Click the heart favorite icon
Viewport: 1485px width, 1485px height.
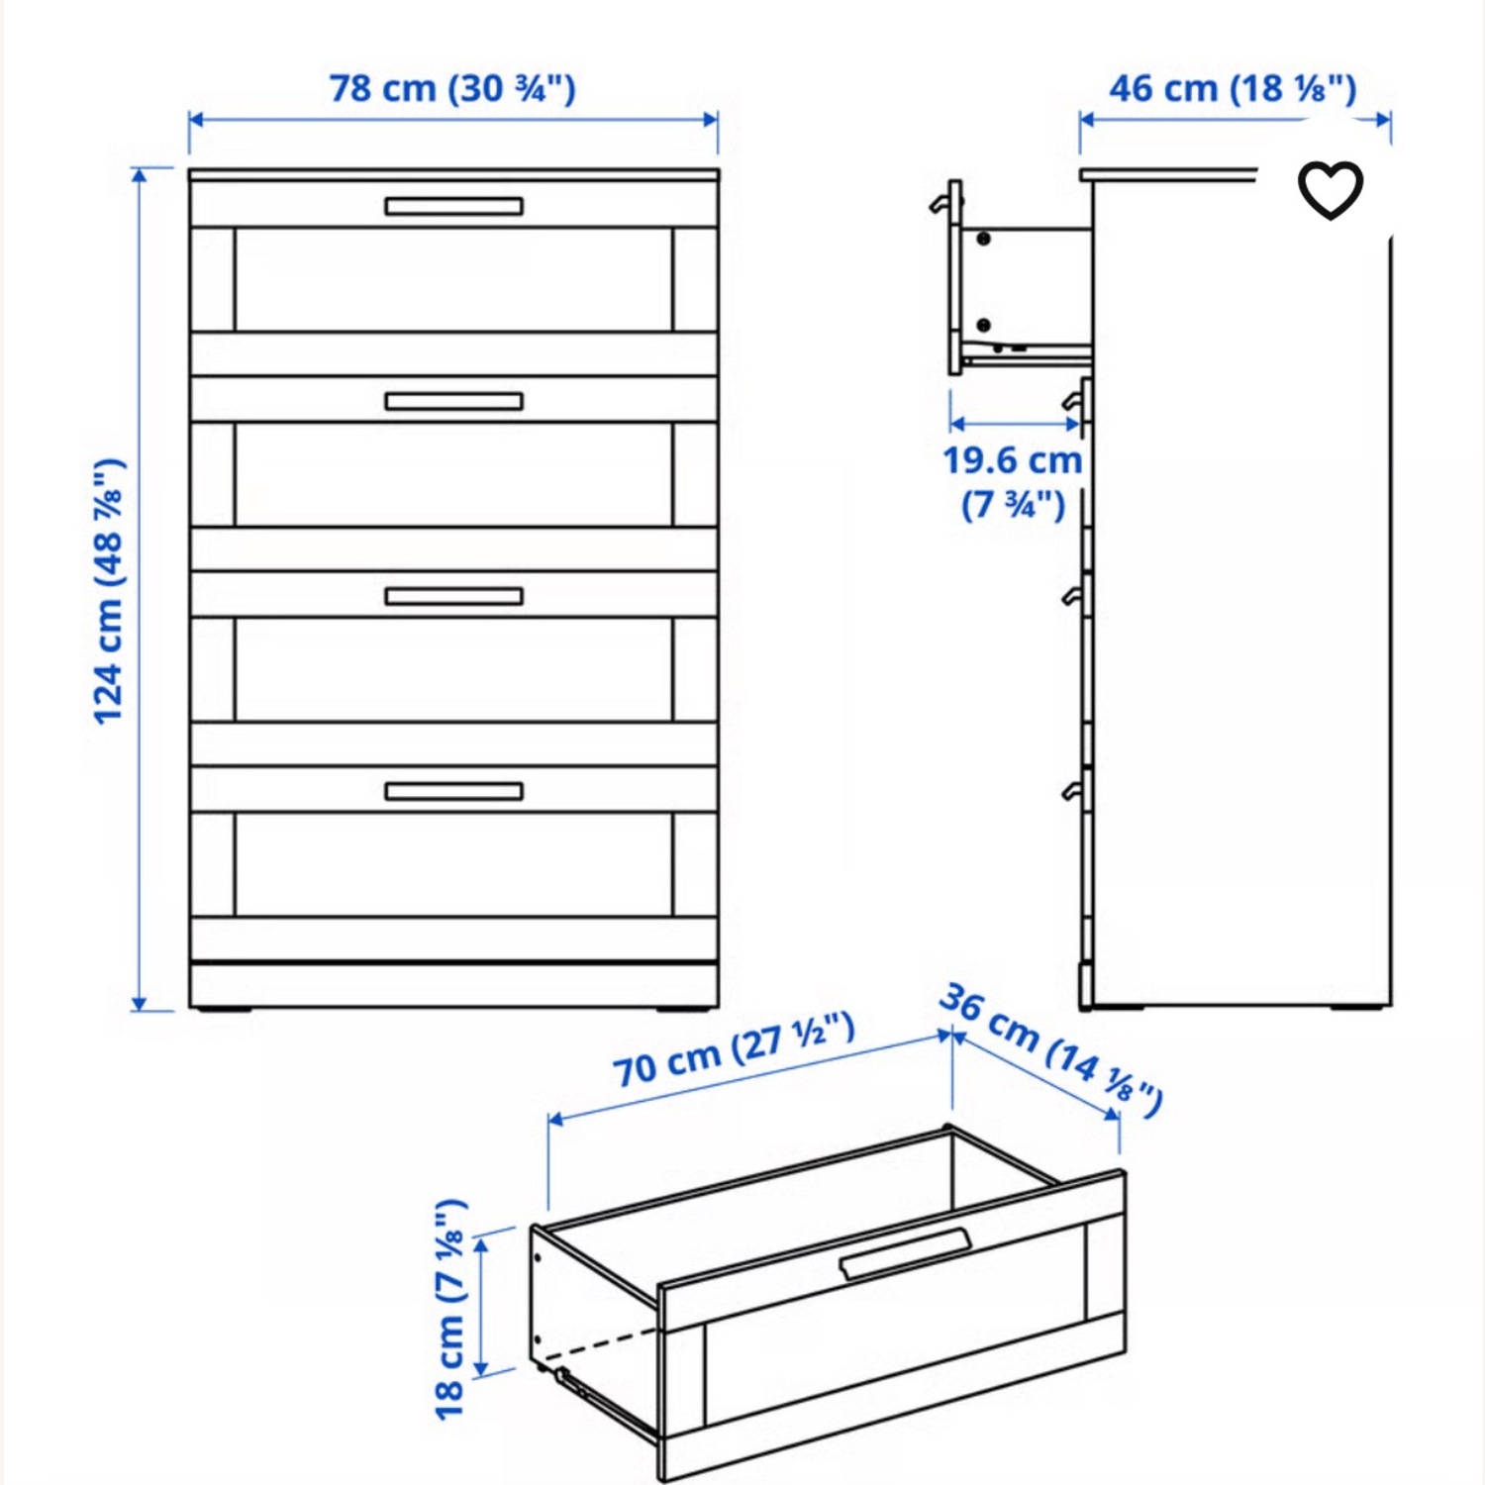[x=1330, y=190]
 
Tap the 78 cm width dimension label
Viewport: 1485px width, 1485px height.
[x=452, y=88]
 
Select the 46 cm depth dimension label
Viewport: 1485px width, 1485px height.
[x=1232, y=88]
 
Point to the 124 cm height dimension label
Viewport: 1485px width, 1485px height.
[x=109, y=591]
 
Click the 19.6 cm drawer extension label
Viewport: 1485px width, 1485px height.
[x=1012, y=481]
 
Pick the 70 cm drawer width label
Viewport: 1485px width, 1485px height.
[x=733, y=1050]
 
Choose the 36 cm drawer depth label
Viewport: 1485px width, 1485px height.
[x=1051, y=1049]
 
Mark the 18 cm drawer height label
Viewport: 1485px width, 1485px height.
[x=449, y=1309]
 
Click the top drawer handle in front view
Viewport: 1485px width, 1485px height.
[x=453, y=206]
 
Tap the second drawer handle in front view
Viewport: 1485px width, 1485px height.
[x=453, y=401]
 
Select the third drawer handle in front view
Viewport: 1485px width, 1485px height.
[x=453, y=596]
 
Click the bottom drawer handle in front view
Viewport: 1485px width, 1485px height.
[x=453, y=791]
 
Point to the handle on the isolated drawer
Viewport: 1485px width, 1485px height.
[x=905, y=1253]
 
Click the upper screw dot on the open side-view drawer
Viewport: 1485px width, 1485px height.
[x=983, y=239]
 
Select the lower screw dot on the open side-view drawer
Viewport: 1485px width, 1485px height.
[x=983, y=325]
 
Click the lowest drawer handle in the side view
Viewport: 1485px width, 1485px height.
[x=1072, y=790]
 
